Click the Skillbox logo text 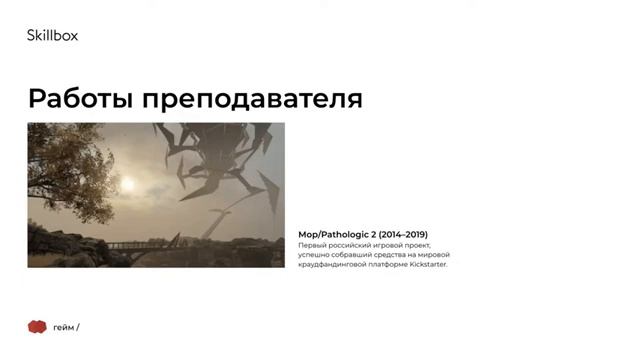(52, 36)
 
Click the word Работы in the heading (81, 99)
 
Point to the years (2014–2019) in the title (402, 234)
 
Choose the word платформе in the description (390, 265)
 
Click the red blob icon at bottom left (37, 327)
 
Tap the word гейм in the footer (63, 328)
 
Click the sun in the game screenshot (127, 184)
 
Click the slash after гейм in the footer (77, 328)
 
